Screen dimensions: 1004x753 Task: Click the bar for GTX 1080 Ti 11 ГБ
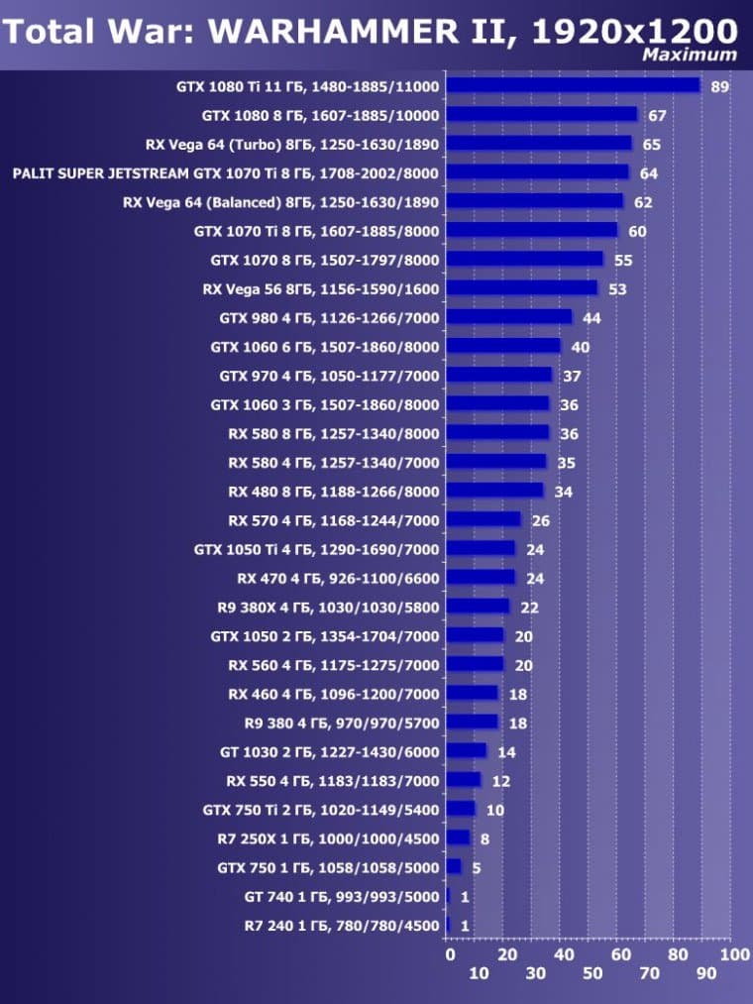click(x=574, y=85)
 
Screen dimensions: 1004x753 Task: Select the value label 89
click(x=720, y=86)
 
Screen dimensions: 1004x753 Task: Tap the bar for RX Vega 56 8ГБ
click(x=522, y=288)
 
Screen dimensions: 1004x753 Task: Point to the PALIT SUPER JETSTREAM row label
click(x=226, y=172)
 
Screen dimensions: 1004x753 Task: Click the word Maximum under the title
click(x=690, y=56)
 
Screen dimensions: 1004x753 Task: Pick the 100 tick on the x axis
click(x=734, y=954)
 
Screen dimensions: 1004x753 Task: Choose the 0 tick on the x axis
click(x=450, y=954)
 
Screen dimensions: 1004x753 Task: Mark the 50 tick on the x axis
click(x=592, y=975)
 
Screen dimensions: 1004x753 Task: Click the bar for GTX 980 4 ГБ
click(x=509, y=317)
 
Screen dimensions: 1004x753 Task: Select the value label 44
click(x=592, y=318)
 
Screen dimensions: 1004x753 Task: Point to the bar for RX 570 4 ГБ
click(x=484, y=519)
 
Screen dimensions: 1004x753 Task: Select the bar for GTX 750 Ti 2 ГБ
click(x=462, y=809)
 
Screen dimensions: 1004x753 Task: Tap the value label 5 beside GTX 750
click(x=476, y=867)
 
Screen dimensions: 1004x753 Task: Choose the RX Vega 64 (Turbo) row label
click(x=291, y=144)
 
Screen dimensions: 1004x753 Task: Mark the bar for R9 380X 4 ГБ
click(x=479, y=607)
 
